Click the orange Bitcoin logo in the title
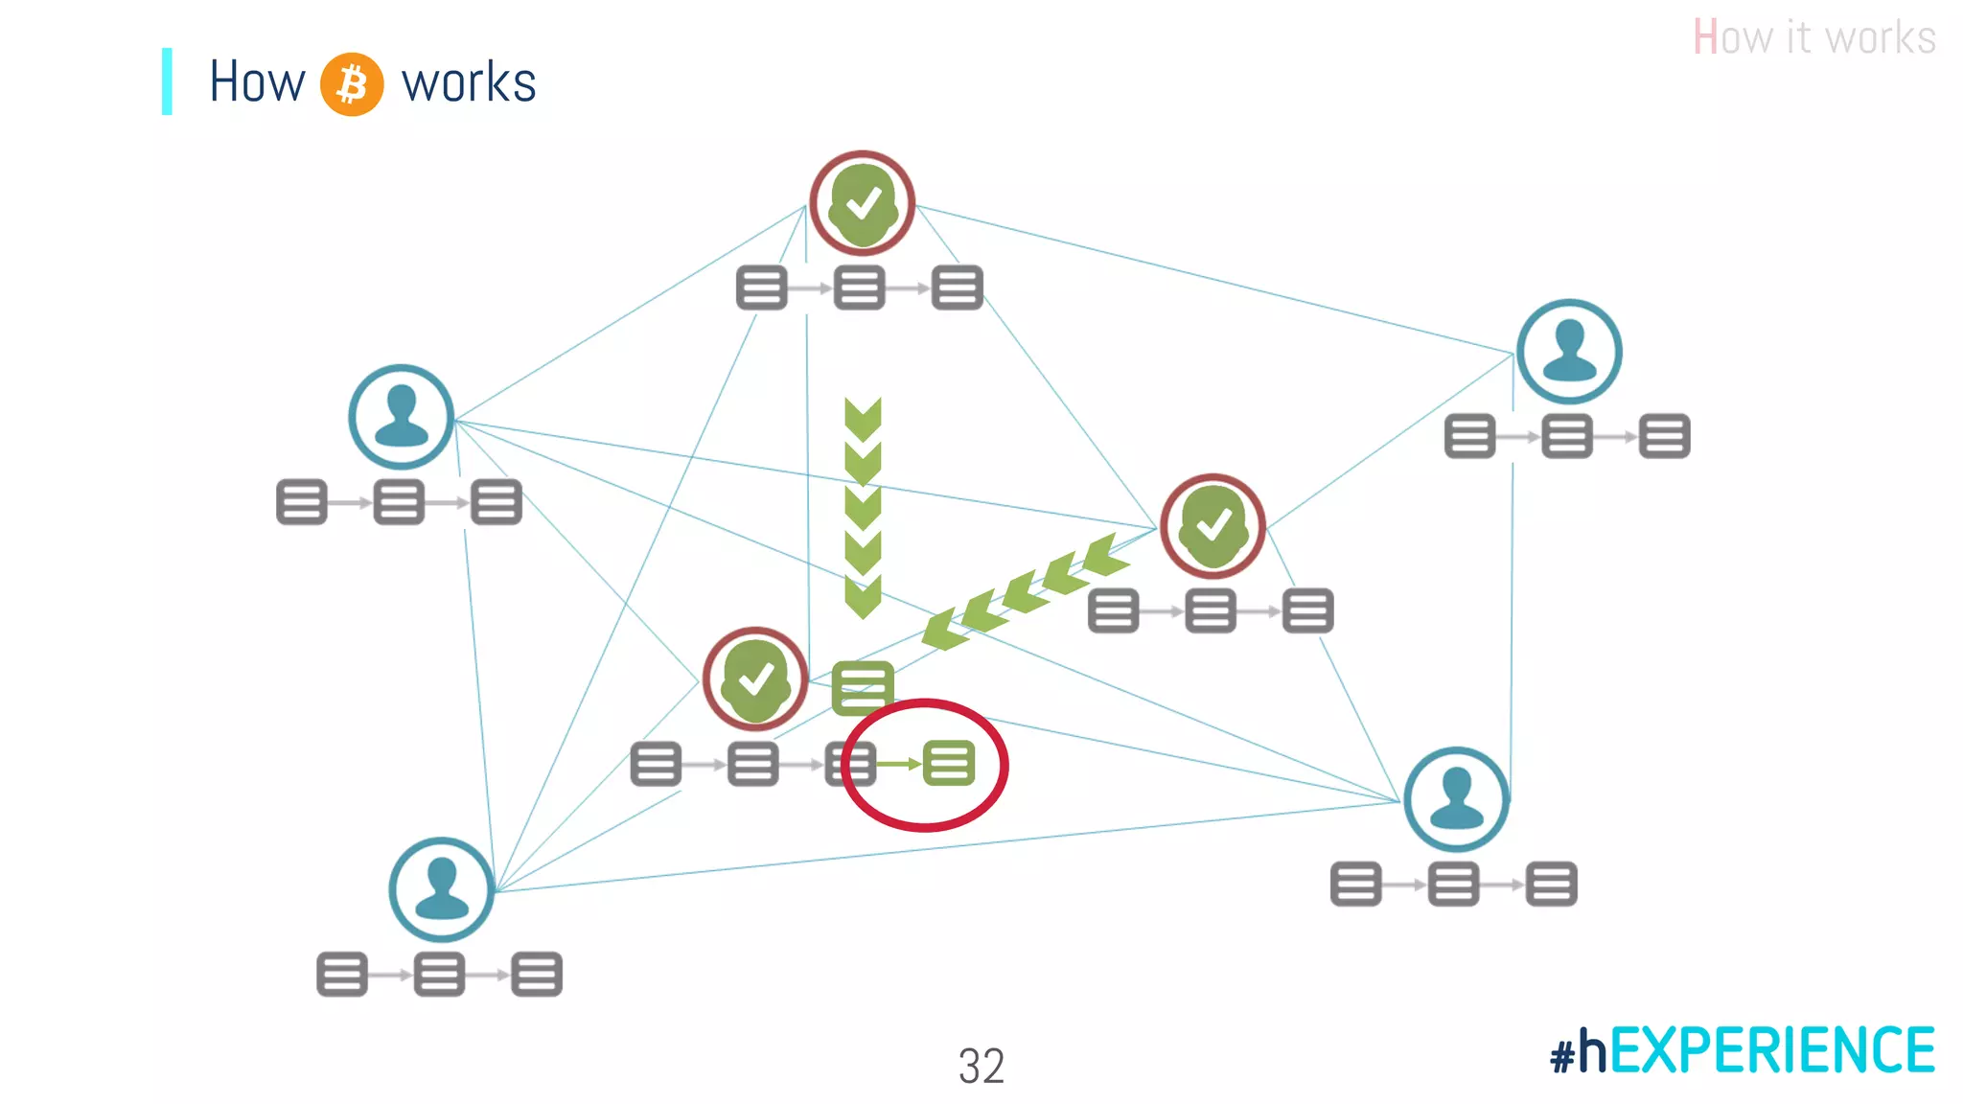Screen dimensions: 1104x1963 [352, 84]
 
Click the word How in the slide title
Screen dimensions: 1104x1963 [257, 82]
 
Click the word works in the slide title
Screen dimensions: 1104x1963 [469, 83]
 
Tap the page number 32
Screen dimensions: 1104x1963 [981, 1066]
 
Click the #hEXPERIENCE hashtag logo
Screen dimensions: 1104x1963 [1743, 1050]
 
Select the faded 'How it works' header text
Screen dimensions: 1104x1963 [1813, 38]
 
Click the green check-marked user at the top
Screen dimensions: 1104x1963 [863, 203]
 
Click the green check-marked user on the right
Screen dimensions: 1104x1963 [1212, 526]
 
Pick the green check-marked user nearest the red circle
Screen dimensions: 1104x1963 [755, 679]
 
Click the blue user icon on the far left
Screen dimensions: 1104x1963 [401, 417]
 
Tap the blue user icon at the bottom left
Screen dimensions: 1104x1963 [442, 889]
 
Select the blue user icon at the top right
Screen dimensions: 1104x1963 [1569, 352]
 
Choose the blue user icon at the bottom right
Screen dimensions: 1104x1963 [1456, 799]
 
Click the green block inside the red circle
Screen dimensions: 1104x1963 [949, 764]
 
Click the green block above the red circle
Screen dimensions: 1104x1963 [863, 687]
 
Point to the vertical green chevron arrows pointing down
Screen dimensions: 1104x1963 [863, 507]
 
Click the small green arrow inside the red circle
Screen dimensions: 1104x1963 [899, 764]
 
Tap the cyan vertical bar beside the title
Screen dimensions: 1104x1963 [167, 81]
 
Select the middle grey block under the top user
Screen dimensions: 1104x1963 [859, 287]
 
